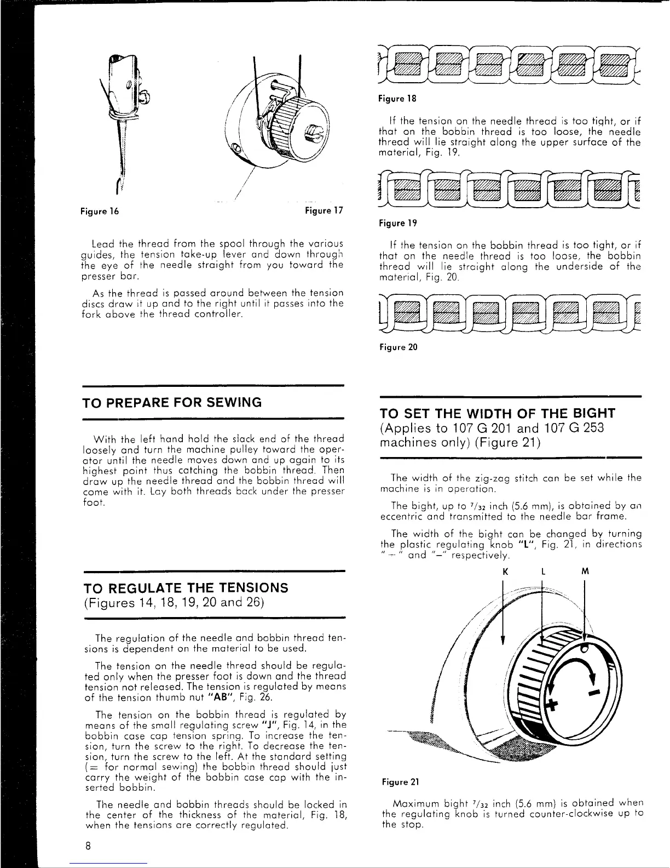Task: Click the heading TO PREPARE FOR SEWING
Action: point(172,402)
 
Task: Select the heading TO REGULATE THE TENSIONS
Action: point(185,588)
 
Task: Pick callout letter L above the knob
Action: point(542,571)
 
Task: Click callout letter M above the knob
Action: point(585,571)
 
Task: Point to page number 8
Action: point(88,844)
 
